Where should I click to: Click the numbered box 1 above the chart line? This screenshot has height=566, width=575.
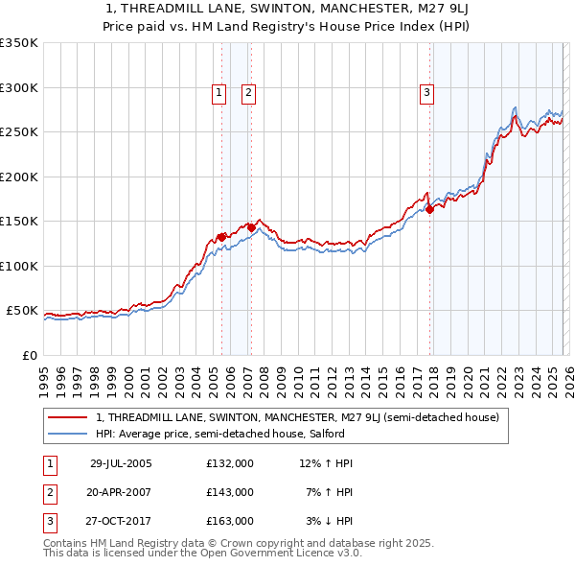pos(219,93)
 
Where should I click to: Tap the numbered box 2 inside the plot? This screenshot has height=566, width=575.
pos(248,93)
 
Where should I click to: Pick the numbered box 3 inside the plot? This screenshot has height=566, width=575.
pos(426,93)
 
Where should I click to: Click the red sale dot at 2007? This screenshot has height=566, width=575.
pos(250,227)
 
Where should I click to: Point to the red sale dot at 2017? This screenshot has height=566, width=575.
pos(429,210)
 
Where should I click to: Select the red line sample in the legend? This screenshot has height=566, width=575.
pos(67,418)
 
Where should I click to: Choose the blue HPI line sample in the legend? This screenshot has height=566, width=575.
pos(67,435)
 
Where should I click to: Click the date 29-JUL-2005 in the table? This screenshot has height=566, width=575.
pos(121,463)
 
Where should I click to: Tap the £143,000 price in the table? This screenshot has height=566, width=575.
pos(230,492)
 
